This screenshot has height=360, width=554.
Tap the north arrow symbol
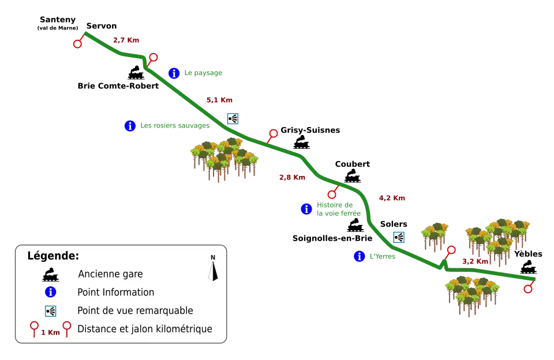[x=213, y=269]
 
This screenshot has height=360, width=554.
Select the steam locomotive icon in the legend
[x=51, y=275]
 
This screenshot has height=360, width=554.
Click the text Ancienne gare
[x=110, y=275]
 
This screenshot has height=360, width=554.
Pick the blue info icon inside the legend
[x=51, y=292]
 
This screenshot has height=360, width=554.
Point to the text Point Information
[x=115, y=292]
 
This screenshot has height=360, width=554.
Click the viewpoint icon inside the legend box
[x=51, y=311]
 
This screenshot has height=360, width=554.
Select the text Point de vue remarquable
[x=135, y=311]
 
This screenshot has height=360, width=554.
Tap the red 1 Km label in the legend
[x=51, y=332]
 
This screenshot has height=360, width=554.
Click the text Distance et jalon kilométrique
[x=145, y=329]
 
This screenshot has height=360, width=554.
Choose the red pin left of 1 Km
[x=35, y=329]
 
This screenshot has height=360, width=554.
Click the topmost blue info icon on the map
[x=174, y=73]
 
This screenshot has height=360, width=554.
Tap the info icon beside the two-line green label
[x=306, y=209]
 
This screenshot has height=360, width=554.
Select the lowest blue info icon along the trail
[x=360, y=257]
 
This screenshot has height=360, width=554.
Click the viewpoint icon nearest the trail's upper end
[x=233, y=118]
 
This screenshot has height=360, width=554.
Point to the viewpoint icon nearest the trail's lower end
[x=399, y=237]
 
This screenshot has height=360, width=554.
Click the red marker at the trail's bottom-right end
[x=528, y=288]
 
